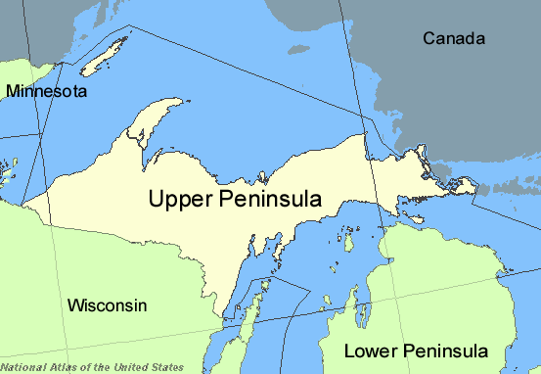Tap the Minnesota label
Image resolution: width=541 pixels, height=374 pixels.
click(46, 91)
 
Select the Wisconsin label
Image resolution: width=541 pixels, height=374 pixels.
click(107, 305)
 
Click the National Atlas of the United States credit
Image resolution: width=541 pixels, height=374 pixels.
click(75, 367)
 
